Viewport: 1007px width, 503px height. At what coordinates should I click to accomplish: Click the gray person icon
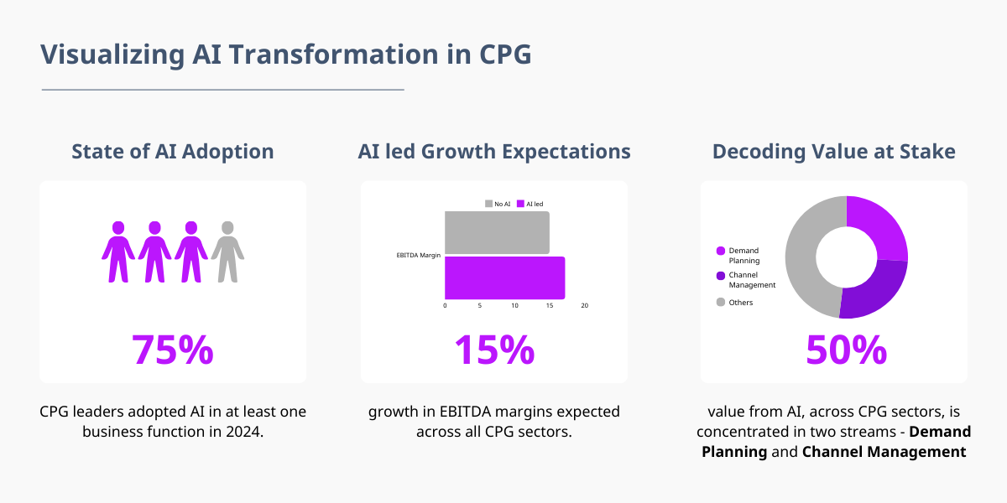point(227,251)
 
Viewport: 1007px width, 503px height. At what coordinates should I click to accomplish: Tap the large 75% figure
point(173,350)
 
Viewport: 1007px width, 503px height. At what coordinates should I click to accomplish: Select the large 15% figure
point(494,350)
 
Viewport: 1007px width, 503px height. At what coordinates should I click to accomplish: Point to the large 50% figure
point(846,350)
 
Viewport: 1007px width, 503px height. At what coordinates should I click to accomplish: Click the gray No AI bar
point(497,232)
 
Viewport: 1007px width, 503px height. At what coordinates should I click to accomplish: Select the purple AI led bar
point(504,277)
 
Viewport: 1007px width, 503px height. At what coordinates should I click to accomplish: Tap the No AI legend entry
point(498,204)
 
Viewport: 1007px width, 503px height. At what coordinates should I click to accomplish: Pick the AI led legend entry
point(530,204)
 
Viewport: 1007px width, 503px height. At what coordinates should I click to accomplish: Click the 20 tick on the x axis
point(585,306)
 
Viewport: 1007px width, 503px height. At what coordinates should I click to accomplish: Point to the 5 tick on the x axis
point(480,306)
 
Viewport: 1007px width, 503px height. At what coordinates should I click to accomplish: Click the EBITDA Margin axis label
point(419,255)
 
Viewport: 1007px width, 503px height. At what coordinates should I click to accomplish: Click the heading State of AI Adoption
point(173,152)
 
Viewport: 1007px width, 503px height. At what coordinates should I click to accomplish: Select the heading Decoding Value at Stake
point(834,152)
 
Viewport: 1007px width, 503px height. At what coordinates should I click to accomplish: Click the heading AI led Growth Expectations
point(494,152)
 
